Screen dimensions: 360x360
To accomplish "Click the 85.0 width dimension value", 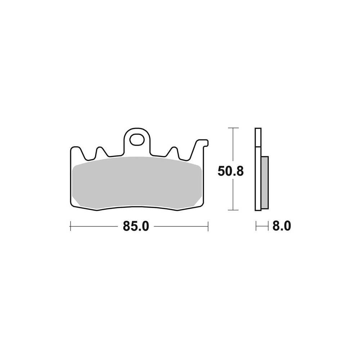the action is pos(136,226).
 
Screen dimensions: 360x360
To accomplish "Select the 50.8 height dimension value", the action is pos(230,171).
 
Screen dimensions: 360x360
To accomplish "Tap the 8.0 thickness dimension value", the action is pos(282,226).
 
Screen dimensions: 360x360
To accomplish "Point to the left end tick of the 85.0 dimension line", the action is pos(70,226).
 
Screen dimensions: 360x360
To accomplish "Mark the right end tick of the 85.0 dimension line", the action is pos(208,226).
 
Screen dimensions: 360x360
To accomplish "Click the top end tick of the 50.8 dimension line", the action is pos(233,128).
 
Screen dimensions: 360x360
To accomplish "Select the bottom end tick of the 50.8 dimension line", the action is pos(233,210).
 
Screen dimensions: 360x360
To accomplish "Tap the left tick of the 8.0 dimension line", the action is pos(256,226).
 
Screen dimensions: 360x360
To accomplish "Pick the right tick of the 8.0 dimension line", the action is pos(268,226).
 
